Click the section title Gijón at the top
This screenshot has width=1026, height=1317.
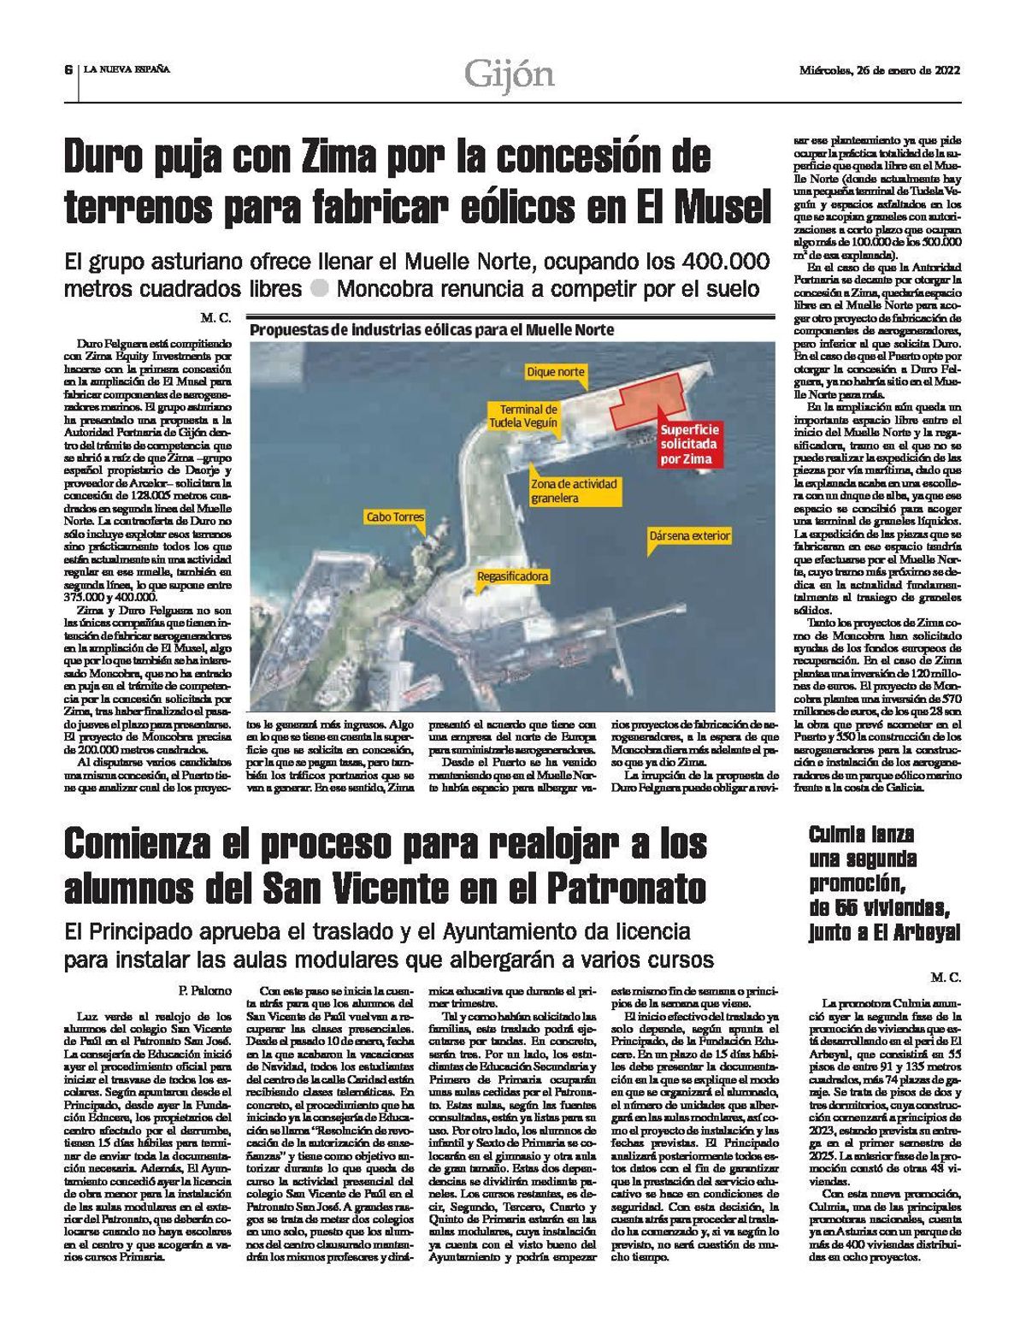pyautogui.click(x=510, y=75)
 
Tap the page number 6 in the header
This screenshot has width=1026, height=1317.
pyautogui.click(x=67, y=70)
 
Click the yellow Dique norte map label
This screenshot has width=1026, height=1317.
pyautogui.click(x=556, y=372)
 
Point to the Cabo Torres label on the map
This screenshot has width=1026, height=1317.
pyautogui.click(x=394, y=517)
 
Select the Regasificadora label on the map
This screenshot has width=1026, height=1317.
pyautogui.click(x=513, y=577)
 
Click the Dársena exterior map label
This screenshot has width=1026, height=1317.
pyautogui.click(x=690, y=536)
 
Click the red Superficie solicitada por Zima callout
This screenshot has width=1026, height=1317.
pyautogui.click(x=689, y=444)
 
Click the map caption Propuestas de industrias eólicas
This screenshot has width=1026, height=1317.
pyautogui.click(x=431, y=330)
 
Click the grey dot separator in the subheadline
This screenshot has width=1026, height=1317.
pyautogui.click(x=319, y=288)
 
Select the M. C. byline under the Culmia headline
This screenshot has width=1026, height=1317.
pyautogui.click(x=947, y=976)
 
